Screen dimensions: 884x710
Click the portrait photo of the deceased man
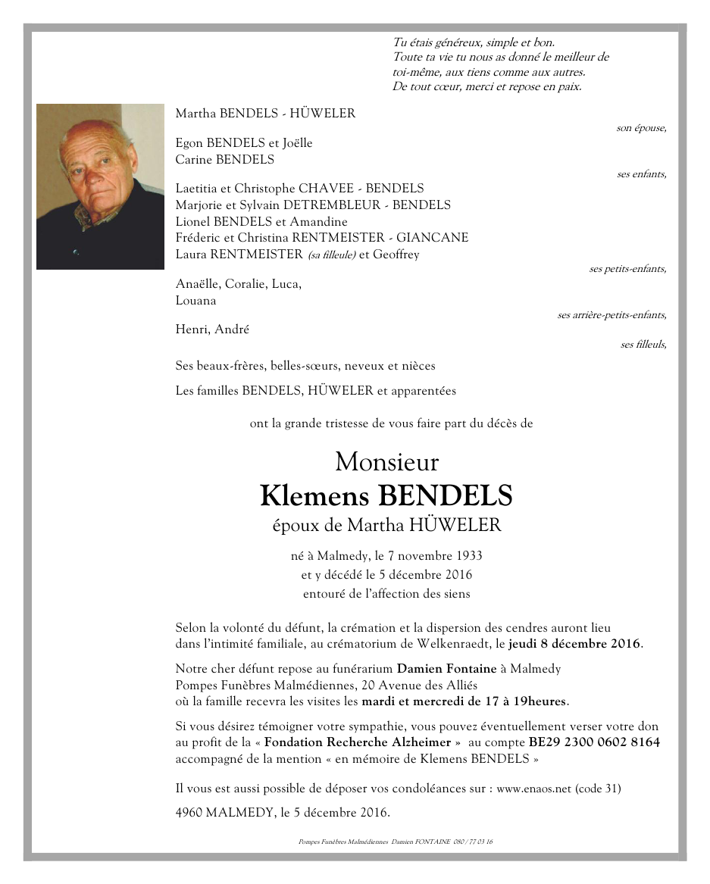click(x=100, y=186)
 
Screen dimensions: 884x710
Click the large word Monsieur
click(x=386, y=461)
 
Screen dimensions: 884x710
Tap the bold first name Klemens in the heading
click(x=314, y=496)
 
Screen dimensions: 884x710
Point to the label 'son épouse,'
click(x=641, y=128)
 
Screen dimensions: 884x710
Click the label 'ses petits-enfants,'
click(x=627, y=269)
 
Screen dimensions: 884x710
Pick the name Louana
click(x=195, y=300)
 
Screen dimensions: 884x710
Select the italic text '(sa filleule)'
click(x=331, y=255)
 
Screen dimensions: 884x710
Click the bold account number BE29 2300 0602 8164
click(x=594, y=742)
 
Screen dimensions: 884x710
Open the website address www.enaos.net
click(x=533, y=789)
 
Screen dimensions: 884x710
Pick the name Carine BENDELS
click(x=224, y=160)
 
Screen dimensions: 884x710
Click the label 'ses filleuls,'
click(x=643, y=345)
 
